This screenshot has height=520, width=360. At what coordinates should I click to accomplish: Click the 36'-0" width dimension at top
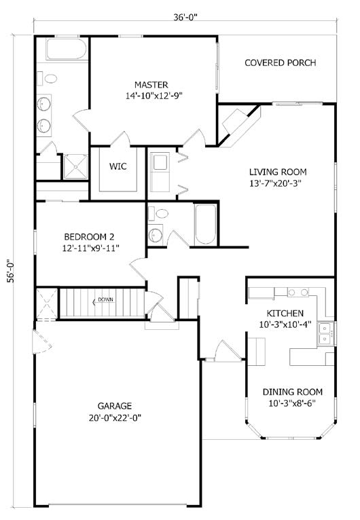185,17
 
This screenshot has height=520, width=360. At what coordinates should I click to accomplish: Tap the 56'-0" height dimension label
12,271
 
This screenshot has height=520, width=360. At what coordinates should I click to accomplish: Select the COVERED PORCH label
280,62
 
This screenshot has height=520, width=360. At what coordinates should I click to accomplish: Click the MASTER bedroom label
151,85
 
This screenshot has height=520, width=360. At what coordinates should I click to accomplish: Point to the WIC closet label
118,166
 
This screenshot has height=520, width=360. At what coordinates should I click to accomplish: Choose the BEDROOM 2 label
89,237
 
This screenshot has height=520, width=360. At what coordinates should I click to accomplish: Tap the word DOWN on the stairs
105,299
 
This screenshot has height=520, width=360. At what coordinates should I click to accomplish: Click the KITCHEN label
285,313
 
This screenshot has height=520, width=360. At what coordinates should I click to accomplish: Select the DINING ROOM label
292,392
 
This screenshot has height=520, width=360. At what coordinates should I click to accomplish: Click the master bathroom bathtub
67,49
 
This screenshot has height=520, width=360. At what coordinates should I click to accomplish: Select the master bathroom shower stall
75,167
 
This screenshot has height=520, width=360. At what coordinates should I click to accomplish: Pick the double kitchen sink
325,333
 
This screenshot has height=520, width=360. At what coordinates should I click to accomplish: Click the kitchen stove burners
298,293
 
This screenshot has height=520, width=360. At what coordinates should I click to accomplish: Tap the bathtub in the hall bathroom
205,224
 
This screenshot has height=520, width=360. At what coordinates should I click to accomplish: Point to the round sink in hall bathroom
156,236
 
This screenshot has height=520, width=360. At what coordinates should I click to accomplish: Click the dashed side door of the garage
43,341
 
